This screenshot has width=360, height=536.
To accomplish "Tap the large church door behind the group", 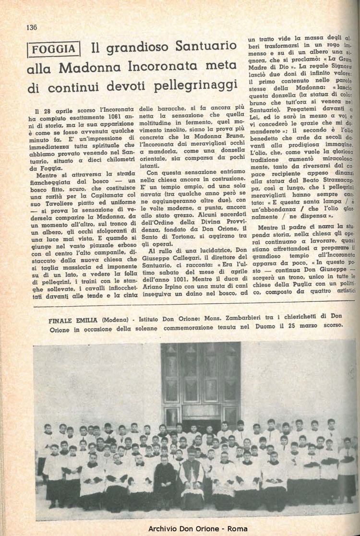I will point(200,381).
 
